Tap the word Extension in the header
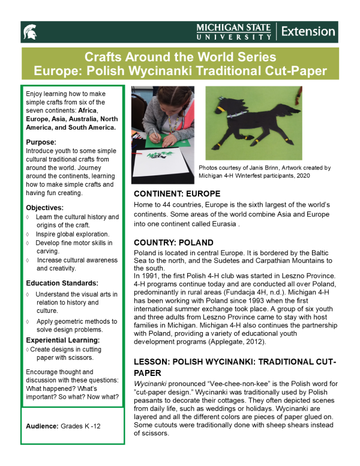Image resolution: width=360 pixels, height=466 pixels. [x=308, y=31]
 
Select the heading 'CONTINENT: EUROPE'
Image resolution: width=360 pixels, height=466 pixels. [x=178, y=195]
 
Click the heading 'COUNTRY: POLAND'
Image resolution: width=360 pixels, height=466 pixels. [x=173, y=243]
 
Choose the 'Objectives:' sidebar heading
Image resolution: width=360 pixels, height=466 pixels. [x=45, y=206]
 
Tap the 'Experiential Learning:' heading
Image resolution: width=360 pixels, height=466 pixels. [x=63, y=340]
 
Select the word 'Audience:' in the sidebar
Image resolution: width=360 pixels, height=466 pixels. [x=42, y=426]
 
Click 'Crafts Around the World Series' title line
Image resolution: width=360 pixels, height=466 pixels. [x=180, y=58]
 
